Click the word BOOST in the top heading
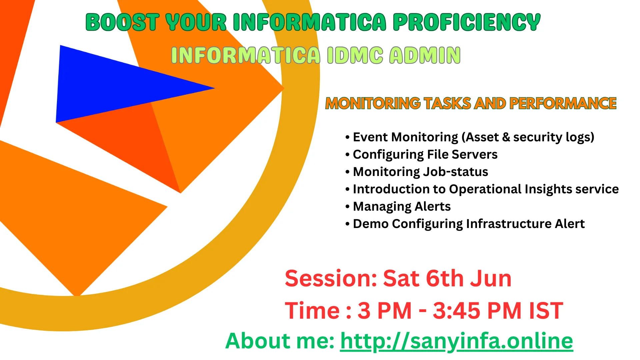(x=122, y=22)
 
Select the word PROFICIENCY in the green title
(x=467, y=22)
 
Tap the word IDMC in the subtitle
(x=355, y=55)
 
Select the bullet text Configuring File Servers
(x=425, y=154)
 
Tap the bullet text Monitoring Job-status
(x=420, y=172)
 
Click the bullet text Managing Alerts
(x=402, y=206)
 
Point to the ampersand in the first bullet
(x=506, y=137)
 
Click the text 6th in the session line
(x=445, y=279)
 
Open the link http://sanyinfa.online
(x=456, y=341)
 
